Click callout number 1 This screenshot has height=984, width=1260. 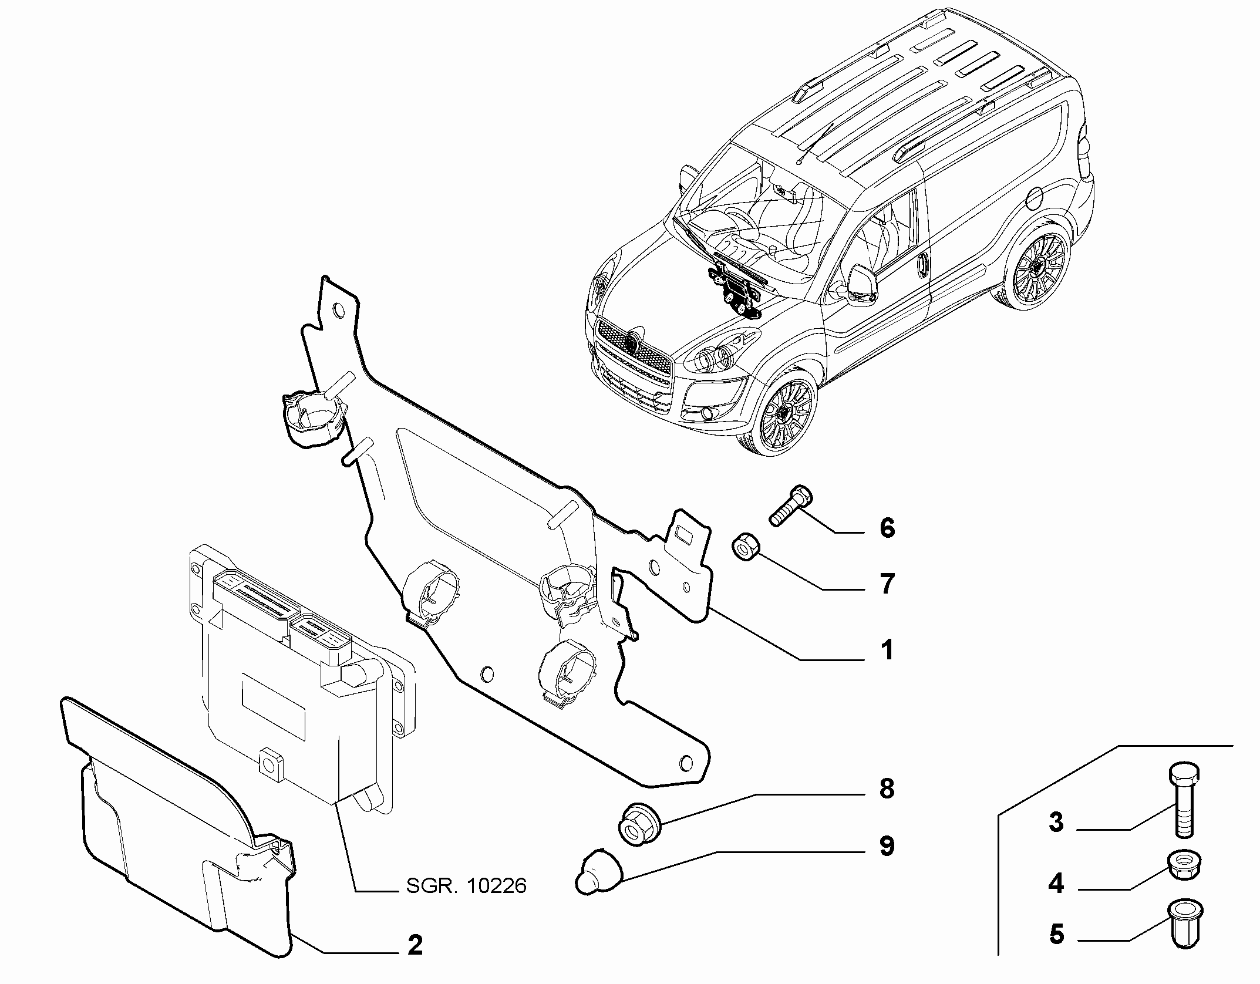887,650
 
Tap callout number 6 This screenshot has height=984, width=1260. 887,528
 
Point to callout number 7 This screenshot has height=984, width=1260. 887,584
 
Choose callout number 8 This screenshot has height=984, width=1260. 887,789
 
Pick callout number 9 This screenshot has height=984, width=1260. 887,846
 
